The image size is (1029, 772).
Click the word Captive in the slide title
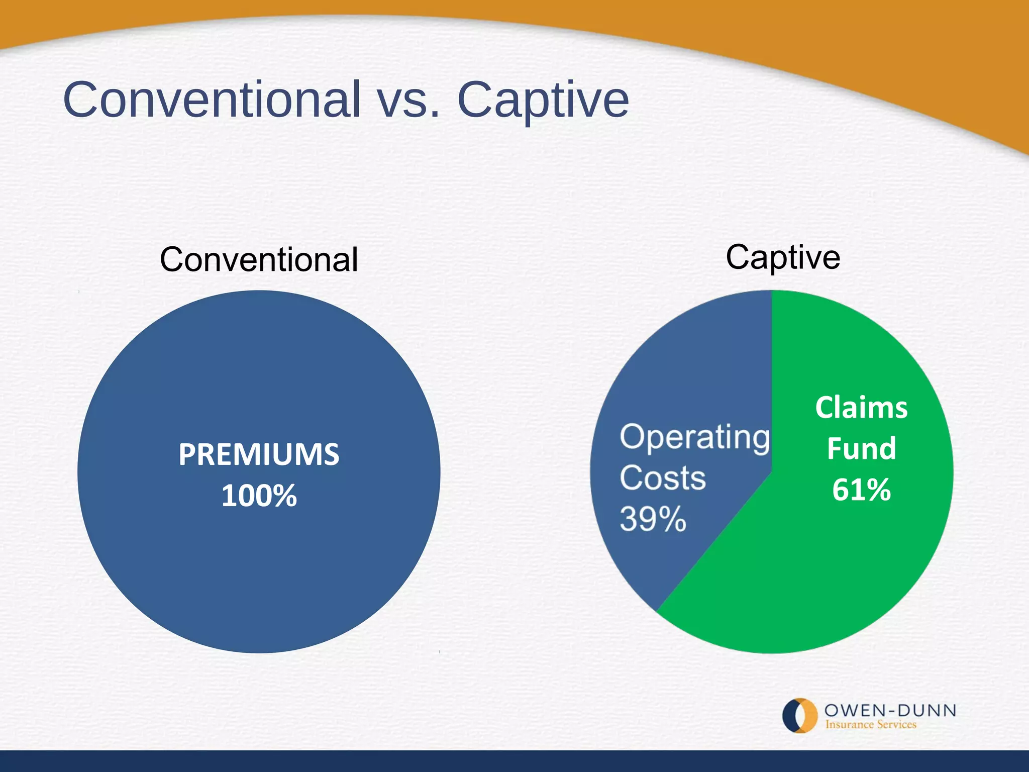pyautogui.click(x=543, y=101)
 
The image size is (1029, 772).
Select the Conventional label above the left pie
pyautogui.click(x=259, y=260)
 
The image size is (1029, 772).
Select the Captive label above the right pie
pyautogui.click(x=783, y=257)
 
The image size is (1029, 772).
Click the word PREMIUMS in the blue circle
pyautogui.click(x=259, y=454)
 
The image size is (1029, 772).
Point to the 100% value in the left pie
pyautogui.click(x=259, y=496)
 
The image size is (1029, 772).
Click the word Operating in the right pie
pyautogui.click(x=694, y=437)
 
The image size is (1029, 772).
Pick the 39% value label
pyautogui.click(x=653, y=519)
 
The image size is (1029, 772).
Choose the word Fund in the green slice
pyautogui.click(x=861, y=448)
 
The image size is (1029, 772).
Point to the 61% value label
pyautogui.click(x=861, y=490)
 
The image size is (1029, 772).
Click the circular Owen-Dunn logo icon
pyautogui.click(x=800, y=715)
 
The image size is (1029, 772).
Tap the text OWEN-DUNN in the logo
pyautogui.click(x=890, y=711)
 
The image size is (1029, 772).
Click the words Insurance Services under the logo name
pyautogui.click(x=871, y=725)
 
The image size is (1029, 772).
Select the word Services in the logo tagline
pyautogui.click(x=897, y=725)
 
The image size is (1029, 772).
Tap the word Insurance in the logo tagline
pyautogui.click(x=849, y=725)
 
